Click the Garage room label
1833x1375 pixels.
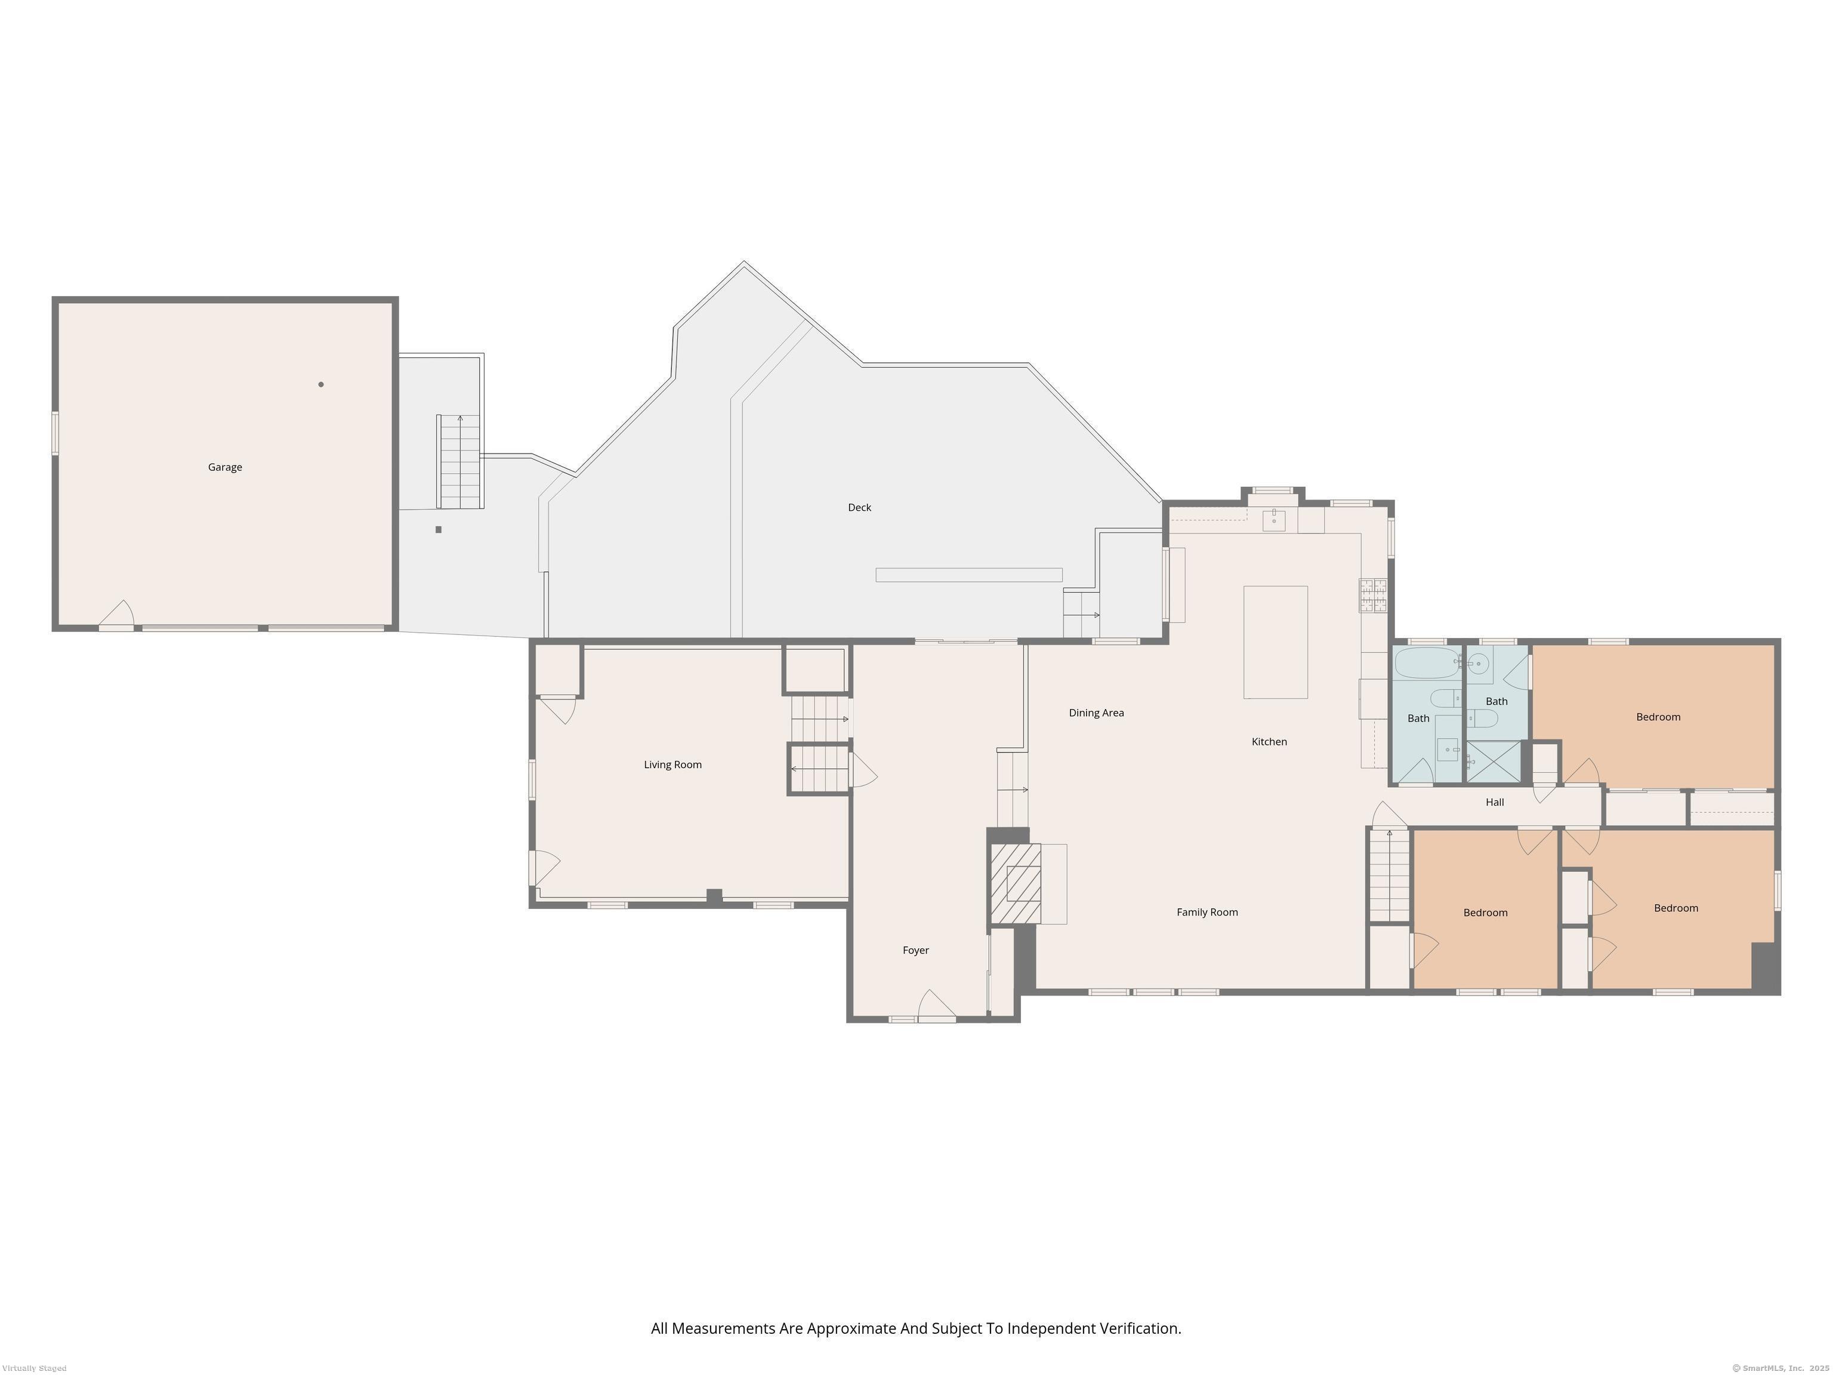pyautogui.click(x=224, y=467)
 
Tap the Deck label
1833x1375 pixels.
pyautogui.click(x=859, y=507)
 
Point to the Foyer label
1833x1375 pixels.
pyautogui.click(x=916, y=951)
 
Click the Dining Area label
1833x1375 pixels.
pyautogui.click(x=1096, y=713)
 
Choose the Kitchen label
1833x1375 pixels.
pyautogui.click(x=1269, y=742)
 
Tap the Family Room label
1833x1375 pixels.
pyautogui.click(x=1206, y=912)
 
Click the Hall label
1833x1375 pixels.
pyautogui.click(x=1494, y=802)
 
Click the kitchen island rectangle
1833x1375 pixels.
pyautogui.click(x=1275, y=642)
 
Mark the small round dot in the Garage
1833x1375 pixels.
pyautogui.click(x=320, y=384)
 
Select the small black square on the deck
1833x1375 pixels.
pyautogui.click(x=439, y=529)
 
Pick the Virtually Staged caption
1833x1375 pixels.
pyautogui.click(x=35, y=1368)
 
